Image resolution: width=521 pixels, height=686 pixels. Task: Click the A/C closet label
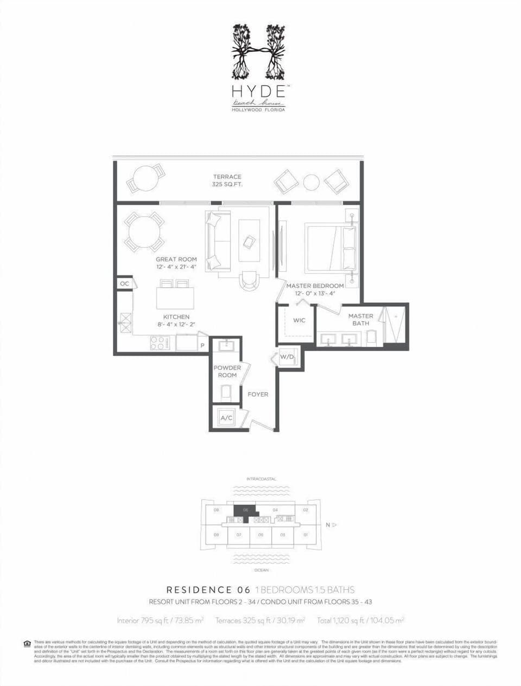tap(226, 418)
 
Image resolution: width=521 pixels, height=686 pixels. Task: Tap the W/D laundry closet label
tap(287, 357)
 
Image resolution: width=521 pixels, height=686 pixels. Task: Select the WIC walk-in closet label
tap(299, 320)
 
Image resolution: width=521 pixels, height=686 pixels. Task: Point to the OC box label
tap(124, 283)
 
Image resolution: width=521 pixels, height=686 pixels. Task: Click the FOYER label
tap(258, 394)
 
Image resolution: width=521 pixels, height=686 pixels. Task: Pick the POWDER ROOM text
tap(227, 371)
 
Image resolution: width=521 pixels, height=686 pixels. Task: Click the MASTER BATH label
tap(360, 320)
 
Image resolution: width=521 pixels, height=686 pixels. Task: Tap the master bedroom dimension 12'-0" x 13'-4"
tap(315, 293)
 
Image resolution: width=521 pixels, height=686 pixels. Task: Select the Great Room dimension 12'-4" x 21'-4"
tap(176, 267)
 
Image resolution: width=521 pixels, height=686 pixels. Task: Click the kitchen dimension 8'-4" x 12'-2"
tap(176, 325)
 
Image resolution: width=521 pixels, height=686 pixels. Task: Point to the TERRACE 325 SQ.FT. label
tap(227, 180)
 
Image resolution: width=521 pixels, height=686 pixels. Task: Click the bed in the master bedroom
tap(330, 249)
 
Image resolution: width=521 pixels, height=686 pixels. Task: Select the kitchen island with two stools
tap(175, 297)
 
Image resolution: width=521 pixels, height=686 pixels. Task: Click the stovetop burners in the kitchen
tap(160, 343)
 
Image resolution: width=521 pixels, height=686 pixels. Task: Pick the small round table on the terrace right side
tap(311, 183)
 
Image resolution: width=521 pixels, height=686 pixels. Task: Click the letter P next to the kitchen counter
tap(202, 345)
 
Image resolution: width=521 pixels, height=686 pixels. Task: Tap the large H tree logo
tap(258, 51)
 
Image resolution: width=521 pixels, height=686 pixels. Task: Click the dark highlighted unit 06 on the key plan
tap(244, 512)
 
